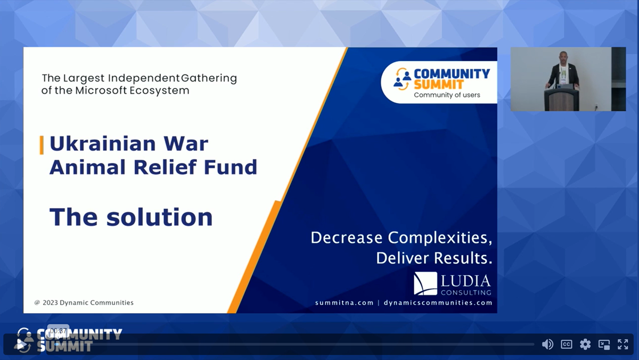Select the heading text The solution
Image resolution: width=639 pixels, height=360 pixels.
pos(131,217)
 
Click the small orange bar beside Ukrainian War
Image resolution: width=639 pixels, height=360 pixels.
pos(42,145)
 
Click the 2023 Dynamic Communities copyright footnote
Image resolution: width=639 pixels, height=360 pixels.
pos(84,302)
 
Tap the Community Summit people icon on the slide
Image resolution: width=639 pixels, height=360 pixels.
pos(402,78)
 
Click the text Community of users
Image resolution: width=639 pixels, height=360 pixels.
pos(447,95)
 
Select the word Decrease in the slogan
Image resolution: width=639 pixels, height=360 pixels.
pos(346,238)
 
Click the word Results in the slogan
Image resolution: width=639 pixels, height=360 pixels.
pos(462,258)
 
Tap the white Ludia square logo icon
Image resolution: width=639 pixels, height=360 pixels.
pos(425,283)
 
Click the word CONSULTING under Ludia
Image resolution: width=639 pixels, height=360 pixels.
pos(465,292)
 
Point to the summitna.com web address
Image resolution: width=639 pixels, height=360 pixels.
pos(344,302)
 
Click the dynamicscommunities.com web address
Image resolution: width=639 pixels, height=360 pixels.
pos(438,302)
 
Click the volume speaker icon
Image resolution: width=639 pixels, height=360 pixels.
pos(547,345)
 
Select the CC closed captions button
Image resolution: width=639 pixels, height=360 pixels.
pos(567,345)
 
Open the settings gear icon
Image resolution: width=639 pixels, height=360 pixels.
pos(585,345)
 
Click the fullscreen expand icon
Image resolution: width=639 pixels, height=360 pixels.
pos(622,345)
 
